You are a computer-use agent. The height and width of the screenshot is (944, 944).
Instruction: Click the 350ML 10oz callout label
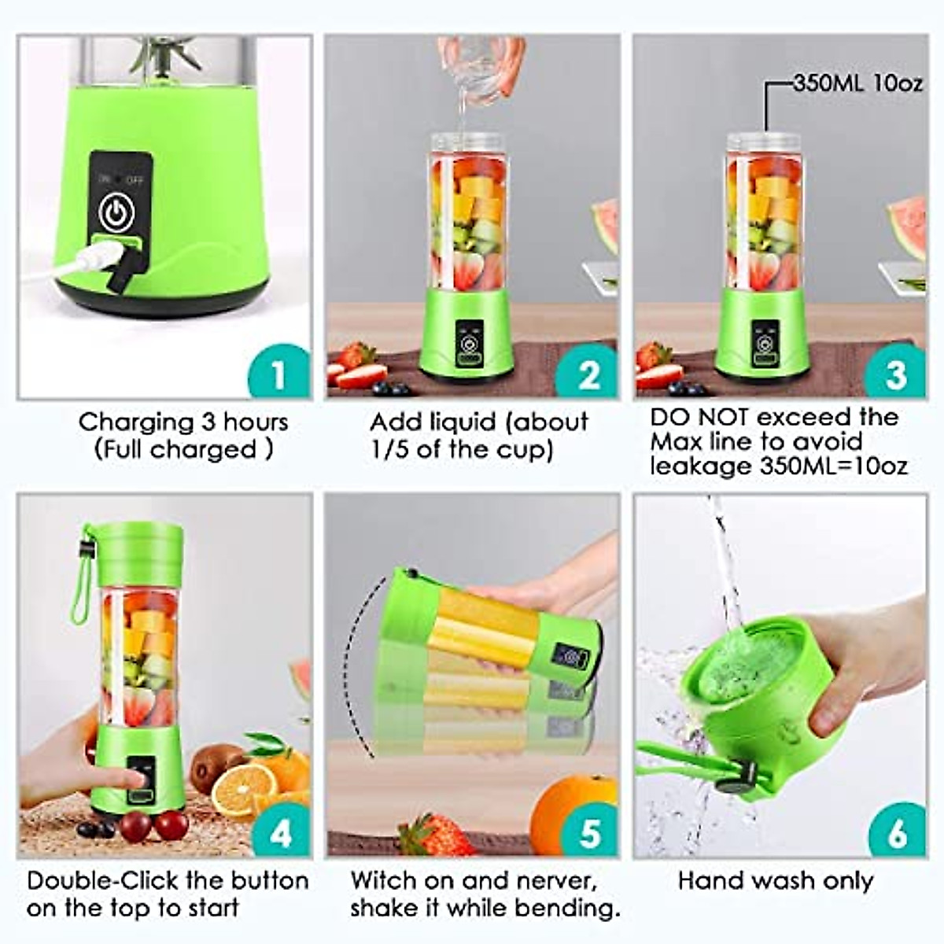coord(857,83)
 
